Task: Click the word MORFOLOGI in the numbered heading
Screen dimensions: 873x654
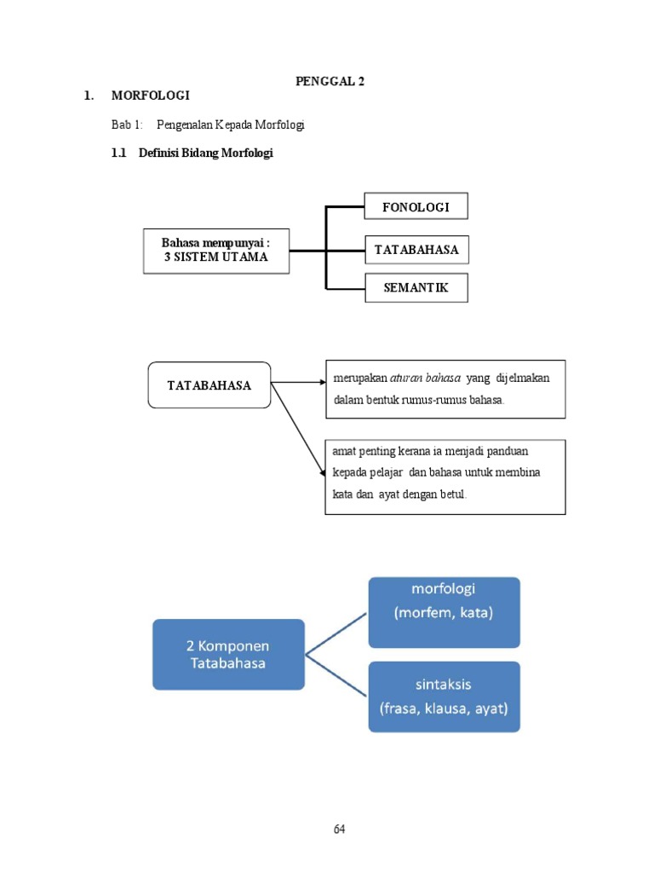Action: [150, 95]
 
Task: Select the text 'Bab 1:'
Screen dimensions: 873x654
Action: [127, 124]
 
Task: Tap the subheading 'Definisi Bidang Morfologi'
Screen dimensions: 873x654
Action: [206, 153]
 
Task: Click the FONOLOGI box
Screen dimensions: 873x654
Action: [416, 206]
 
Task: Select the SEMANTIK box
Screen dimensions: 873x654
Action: [416, 288]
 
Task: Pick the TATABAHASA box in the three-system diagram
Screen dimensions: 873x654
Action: [416, 250]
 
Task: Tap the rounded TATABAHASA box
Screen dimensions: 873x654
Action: [209, 384]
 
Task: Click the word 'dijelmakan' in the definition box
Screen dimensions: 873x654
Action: [522, 378]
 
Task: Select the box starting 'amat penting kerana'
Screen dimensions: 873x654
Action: [445, 477]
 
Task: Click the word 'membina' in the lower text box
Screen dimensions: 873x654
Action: [520, 471]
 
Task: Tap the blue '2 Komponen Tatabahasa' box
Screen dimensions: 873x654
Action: [228, 654]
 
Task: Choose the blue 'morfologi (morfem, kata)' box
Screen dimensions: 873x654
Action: [444, 612]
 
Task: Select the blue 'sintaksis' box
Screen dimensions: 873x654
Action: [444, 696]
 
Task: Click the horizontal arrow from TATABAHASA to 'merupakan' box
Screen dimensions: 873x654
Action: [298, 383]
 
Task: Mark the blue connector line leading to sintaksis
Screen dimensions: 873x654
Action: [336, 675]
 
